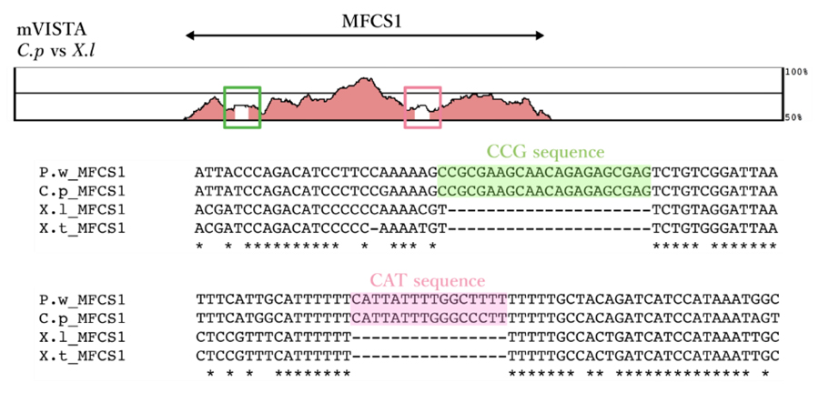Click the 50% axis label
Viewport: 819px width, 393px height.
tap(794, 117)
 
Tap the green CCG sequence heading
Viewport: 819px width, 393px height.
tap(545, 151)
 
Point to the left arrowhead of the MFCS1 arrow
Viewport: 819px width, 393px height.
tap(188, 36)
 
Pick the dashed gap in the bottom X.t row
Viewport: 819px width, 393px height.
tap(429, 355)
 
